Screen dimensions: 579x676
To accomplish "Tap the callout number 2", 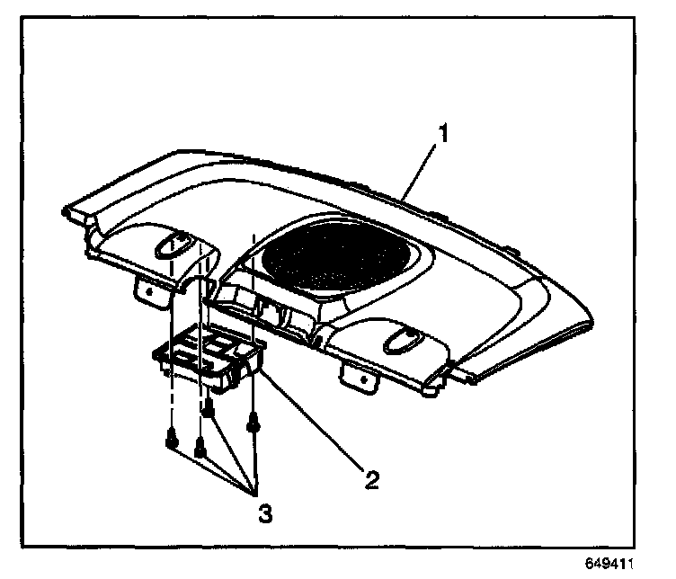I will pos(370,477).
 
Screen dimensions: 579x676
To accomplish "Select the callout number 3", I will pos(264,514).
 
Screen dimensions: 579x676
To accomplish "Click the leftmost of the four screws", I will pos(171,440).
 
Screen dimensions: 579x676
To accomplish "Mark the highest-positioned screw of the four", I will pos(209,409).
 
